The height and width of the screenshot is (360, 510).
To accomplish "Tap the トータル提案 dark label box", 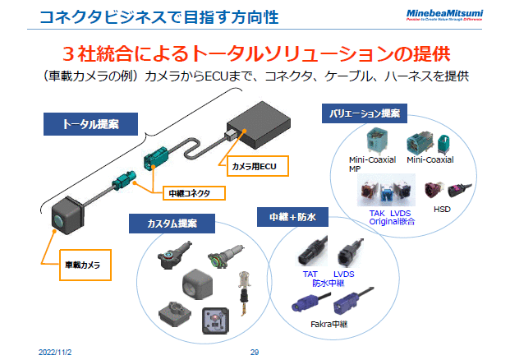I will point(90,124).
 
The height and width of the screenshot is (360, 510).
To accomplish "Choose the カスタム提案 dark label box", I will point(172,223).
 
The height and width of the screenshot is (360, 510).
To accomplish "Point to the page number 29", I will point(255,351).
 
